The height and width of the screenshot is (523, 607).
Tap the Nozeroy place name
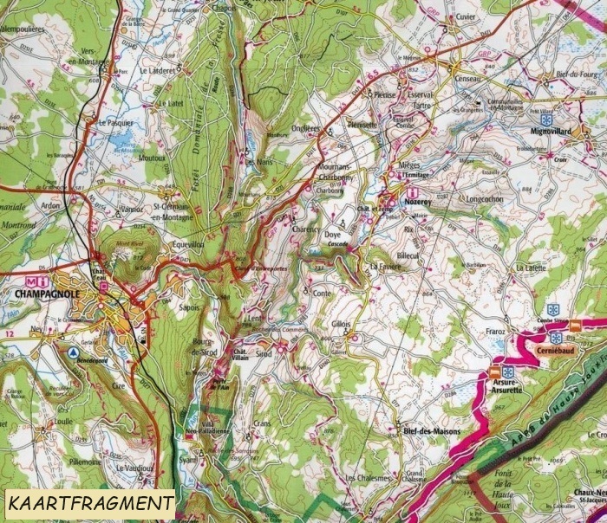[419, 201]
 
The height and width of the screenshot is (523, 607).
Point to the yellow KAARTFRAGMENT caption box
[88, 502]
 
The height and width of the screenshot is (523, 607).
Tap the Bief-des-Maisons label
[431, 430]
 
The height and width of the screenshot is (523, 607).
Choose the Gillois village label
[342, 324]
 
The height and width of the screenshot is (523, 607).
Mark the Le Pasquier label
[115, 123]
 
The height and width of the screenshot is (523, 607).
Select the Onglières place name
[305, 128]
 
